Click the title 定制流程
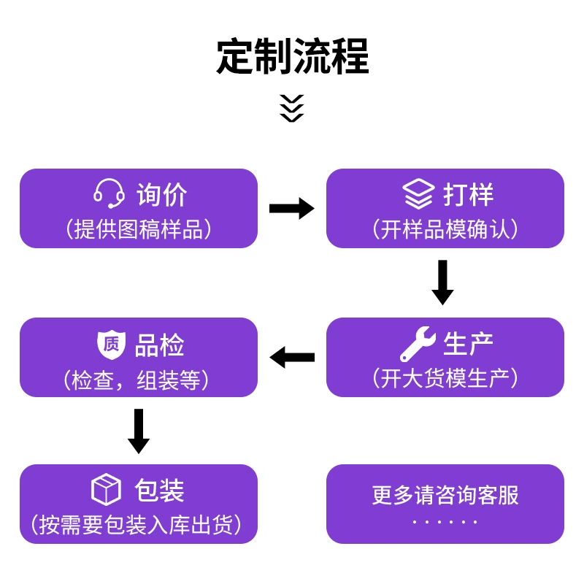pyautogui.click(x=293, y=56)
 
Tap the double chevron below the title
pyautogui.click(x=291, y=108)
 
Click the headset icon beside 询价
pyautogui.click(x=109, y=193)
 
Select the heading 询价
pyautogui.click(x=161, y=194)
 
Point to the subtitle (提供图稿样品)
pyautogui.click(x=139, y=229)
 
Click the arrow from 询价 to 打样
pyautogui.click(x=291, y=208)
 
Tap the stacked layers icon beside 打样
pyautogui.click(x=418, y=193)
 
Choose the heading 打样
pyautogui.click(x=468, y=194)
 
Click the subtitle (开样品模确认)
pyautogui.click(x=445, y=229)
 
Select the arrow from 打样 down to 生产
pyautogui.click(x=442, y=283)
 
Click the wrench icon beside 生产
pyautogui.click(x=418, y=344)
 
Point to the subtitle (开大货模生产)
pyautogui.click(x=445, y=378)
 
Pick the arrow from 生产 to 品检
pyautogui.click(x=292, y=357)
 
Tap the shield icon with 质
pyautogui.click(x=111, y=345)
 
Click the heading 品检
pyautogui.click(x=159, y=345)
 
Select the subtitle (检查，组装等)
pyautogui.click(x=136, y=380)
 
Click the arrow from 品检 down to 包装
pyautogui.click(x=139, y=431)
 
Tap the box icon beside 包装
pyautogui.click(x=106, y=489)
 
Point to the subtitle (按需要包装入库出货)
pyautogui.click(x=136, y=525)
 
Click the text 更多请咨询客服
pyautogui.click(x=445, y=495)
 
